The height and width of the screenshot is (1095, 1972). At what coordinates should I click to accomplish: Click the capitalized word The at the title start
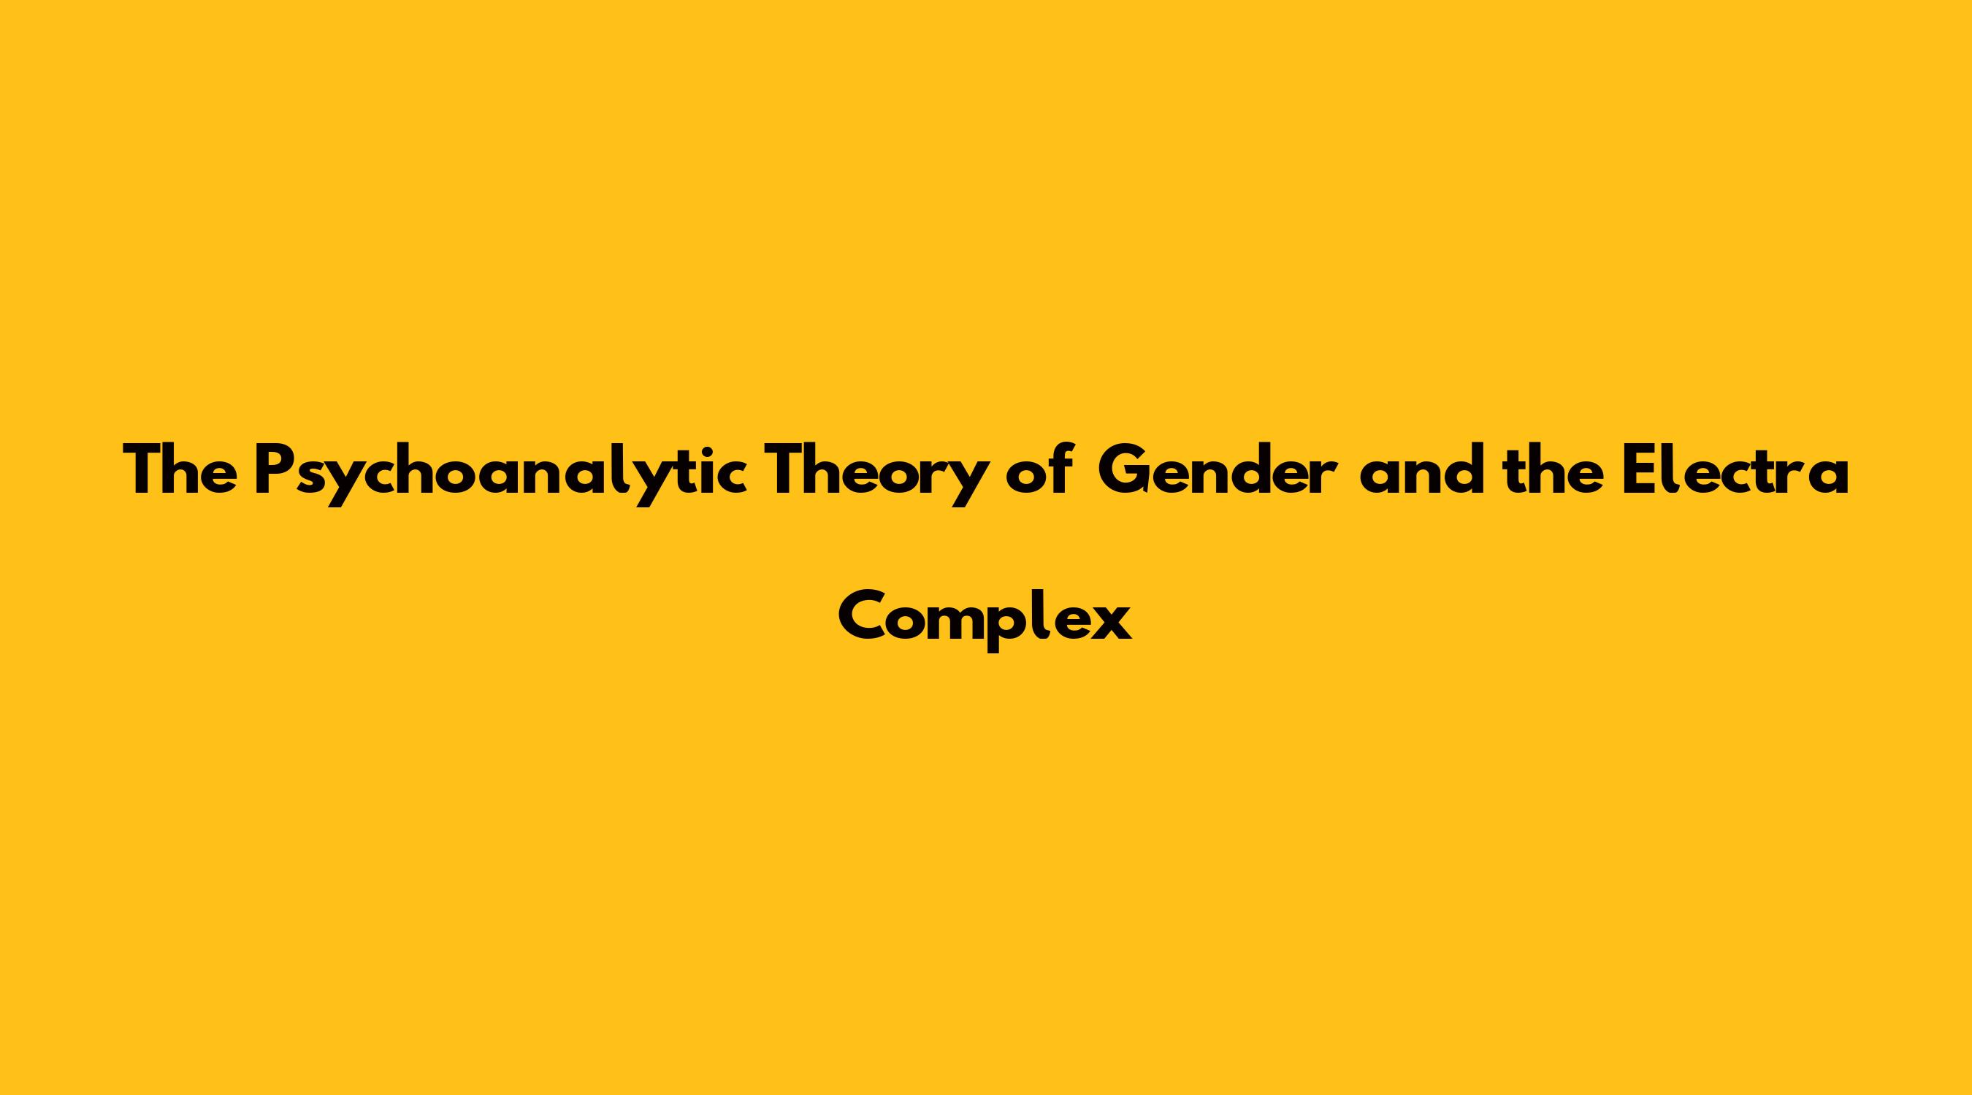coord(180,469)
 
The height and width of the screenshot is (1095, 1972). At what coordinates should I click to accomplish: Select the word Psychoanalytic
coord(500,474)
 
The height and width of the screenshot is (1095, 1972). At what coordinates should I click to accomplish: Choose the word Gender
coord(1218,469)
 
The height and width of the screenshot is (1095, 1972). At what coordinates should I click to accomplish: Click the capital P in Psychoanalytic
coord(273,469)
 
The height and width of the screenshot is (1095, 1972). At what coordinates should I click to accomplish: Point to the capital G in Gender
coord(1125,469)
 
